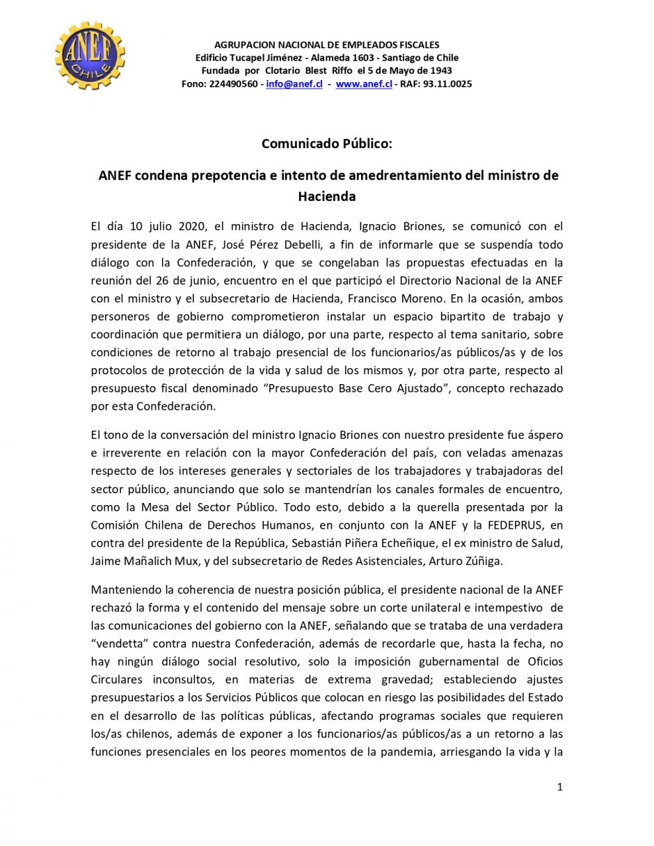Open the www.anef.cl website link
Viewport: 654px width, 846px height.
tap(364, 84)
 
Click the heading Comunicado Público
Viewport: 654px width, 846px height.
tap(327, 144)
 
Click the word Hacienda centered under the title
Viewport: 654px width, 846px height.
tap(327, 196)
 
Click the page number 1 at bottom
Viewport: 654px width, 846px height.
tap(559, 787)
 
